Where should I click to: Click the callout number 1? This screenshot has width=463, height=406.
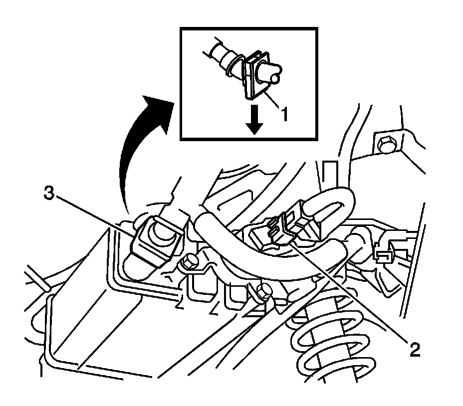tap(283, 115)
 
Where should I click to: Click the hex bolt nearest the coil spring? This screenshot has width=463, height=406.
tap(264, 290)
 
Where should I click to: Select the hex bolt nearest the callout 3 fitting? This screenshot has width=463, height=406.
tap(189, 260)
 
